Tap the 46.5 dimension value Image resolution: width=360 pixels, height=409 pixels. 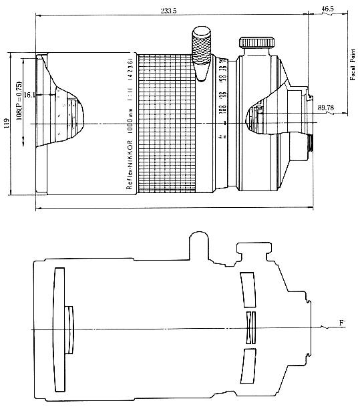click(x=327, y=9)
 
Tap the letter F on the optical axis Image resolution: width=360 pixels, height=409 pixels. click(x=342, y=324)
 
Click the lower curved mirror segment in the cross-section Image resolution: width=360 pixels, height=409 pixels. click(x=249, y=366)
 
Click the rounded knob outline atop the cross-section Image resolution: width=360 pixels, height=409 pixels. click(x=198, y=244)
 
